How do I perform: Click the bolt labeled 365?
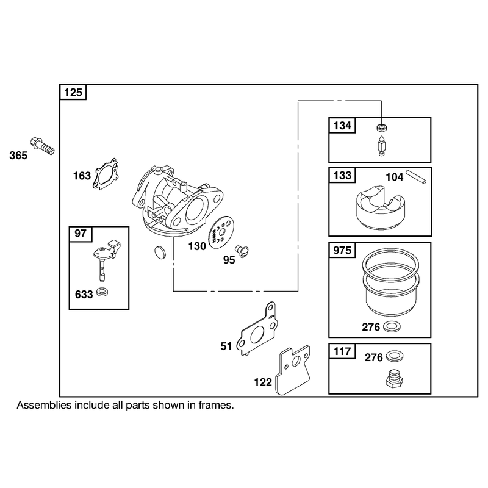pyautogui.click(x=42, y=146)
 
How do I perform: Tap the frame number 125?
pyautogui.click(x=73, y=93)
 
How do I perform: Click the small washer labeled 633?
pyautogui.click(x=102, y=292)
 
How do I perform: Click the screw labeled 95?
pyautogui.click(x=242, y=250)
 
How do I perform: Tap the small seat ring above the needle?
pyautogui.click(x=381, y=127)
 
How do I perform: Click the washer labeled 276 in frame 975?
pyautogui.click(x=392, y=326)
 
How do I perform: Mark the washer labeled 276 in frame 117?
pyautogui.click(x=394, y=356)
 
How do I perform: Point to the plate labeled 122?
pyautogui.click(x=293, y=370)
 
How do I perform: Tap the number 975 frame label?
pyautogui.click(x=342, y=250)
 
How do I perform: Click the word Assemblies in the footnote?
pyautogui.click(x=44, y=405)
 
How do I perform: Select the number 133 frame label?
pyautogui.click(x=342, y=175)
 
